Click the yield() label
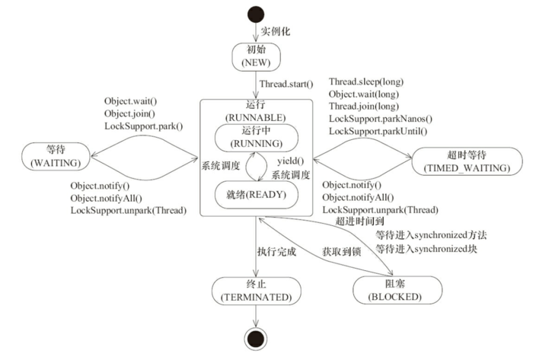point(290,161)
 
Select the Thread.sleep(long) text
point(365,81)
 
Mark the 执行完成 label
point(275,250)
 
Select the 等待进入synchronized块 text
point(426,247)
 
